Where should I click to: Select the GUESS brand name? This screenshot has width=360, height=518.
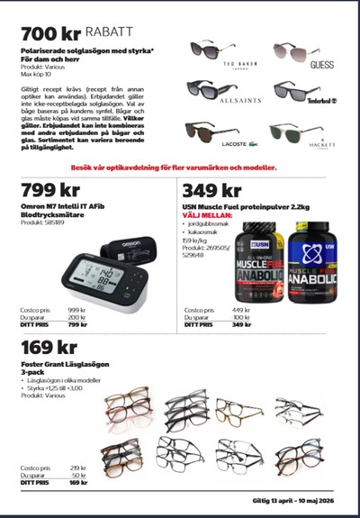pyautogui.click(x=320, y=65)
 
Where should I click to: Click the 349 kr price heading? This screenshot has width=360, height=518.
pyautogui.click(x=212, y=190)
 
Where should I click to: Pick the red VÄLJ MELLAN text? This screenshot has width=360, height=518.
pyautogui.click(x=205, y=216)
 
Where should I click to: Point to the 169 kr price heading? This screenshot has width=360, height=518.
pyautogui.click(x=49, y=347)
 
